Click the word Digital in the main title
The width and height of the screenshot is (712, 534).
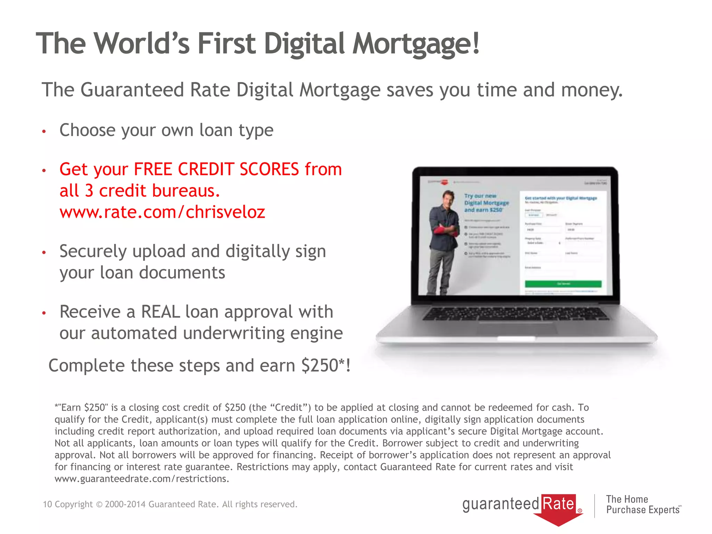click(304, 44)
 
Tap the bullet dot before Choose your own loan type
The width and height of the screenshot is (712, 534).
click(44, 131)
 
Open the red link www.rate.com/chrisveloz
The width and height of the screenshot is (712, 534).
click(162, 212)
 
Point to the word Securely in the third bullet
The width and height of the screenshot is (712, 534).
click(93, 251)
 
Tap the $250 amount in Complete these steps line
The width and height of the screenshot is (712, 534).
click(319, 365)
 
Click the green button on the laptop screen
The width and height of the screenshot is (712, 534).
click(563, 284)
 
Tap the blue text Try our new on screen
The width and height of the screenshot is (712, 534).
click(480, 196)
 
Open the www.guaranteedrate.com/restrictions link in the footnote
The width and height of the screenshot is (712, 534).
click(141, 479)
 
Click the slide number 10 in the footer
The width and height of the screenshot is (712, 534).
click(47, 504)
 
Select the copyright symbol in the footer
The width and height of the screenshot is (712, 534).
click(99, 504)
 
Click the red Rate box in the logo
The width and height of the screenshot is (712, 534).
click(558, 504)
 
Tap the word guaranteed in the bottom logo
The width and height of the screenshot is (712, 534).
click(500, 504)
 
